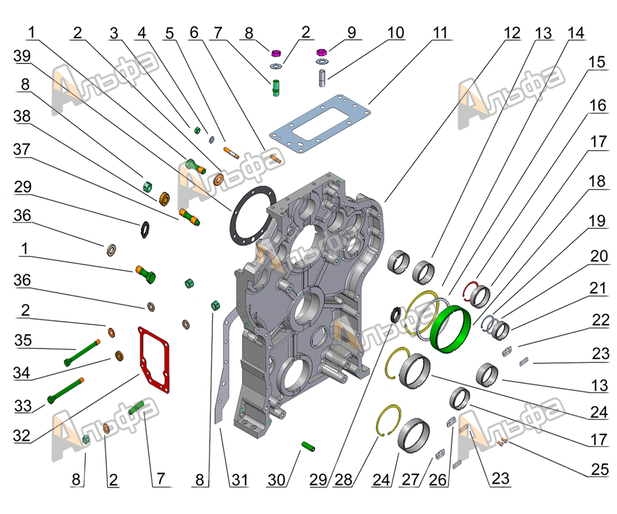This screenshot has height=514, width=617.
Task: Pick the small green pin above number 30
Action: coord(309,446)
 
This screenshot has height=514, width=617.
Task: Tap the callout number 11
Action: coord(440,32)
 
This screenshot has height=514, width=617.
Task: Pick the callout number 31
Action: coord(240,480)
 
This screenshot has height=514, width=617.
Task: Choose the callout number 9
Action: coord(351,32)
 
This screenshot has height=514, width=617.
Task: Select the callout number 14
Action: coord(576,32)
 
